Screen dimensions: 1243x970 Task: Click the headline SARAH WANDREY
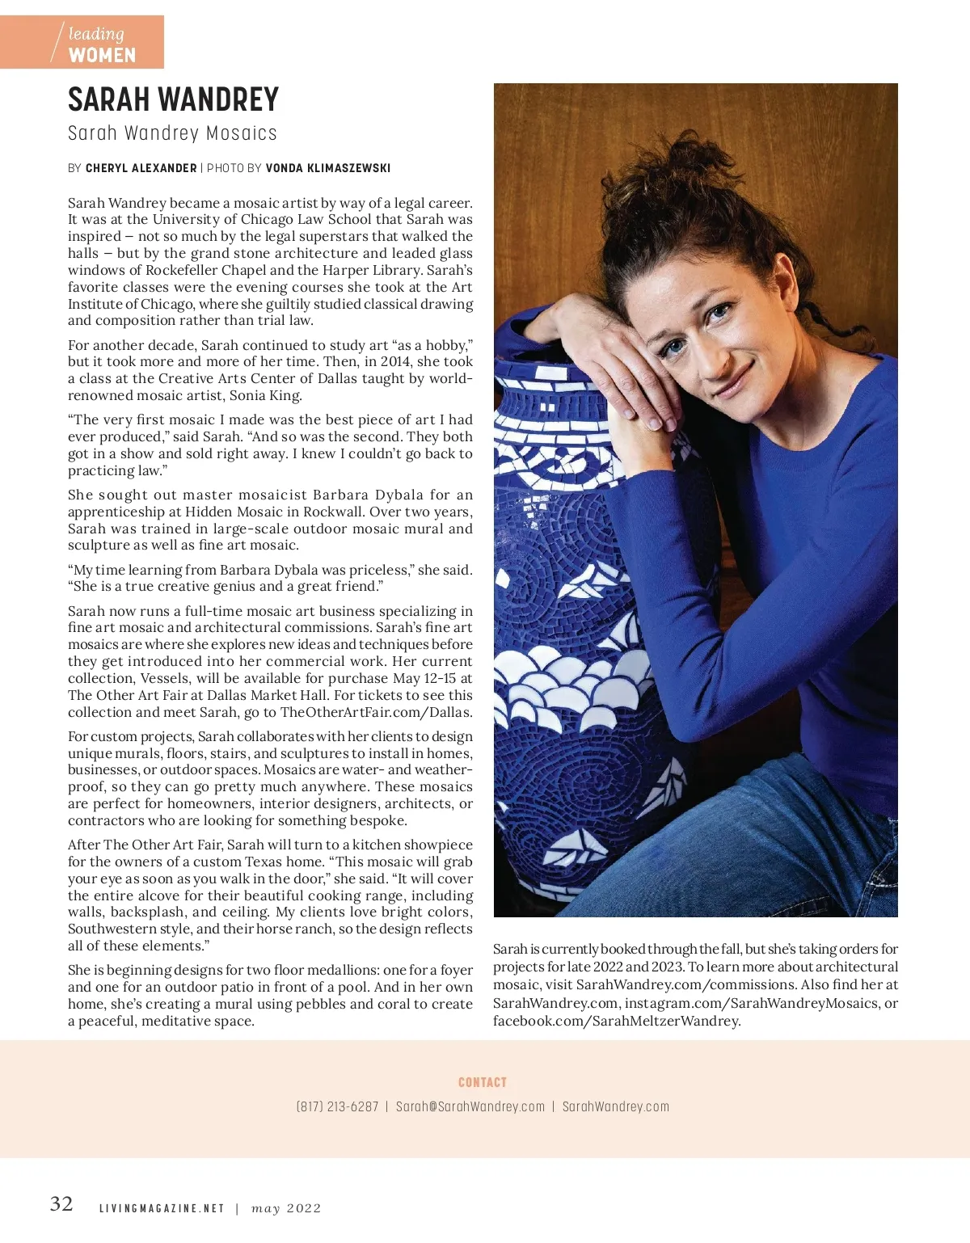173,100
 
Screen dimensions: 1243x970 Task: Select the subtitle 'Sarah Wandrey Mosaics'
172,133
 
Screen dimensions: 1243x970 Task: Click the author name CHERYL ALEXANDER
141,168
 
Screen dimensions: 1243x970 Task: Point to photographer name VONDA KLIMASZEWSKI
327,168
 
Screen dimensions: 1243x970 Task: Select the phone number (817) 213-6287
337,1106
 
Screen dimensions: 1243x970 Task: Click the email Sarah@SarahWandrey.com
470,1106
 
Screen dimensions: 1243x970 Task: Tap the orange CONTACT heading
483,1082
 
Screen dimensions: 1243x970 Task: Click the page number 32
61,1204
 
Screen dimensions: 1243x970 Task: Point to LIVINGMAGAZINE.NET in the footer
162,1209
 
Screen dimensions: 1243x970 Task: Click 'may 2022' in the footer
286,1209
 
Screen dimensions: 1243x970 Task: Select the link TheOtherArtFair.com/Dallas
375,712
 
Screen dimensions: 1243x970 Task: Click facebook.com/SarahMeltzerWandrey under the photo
616,1021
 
